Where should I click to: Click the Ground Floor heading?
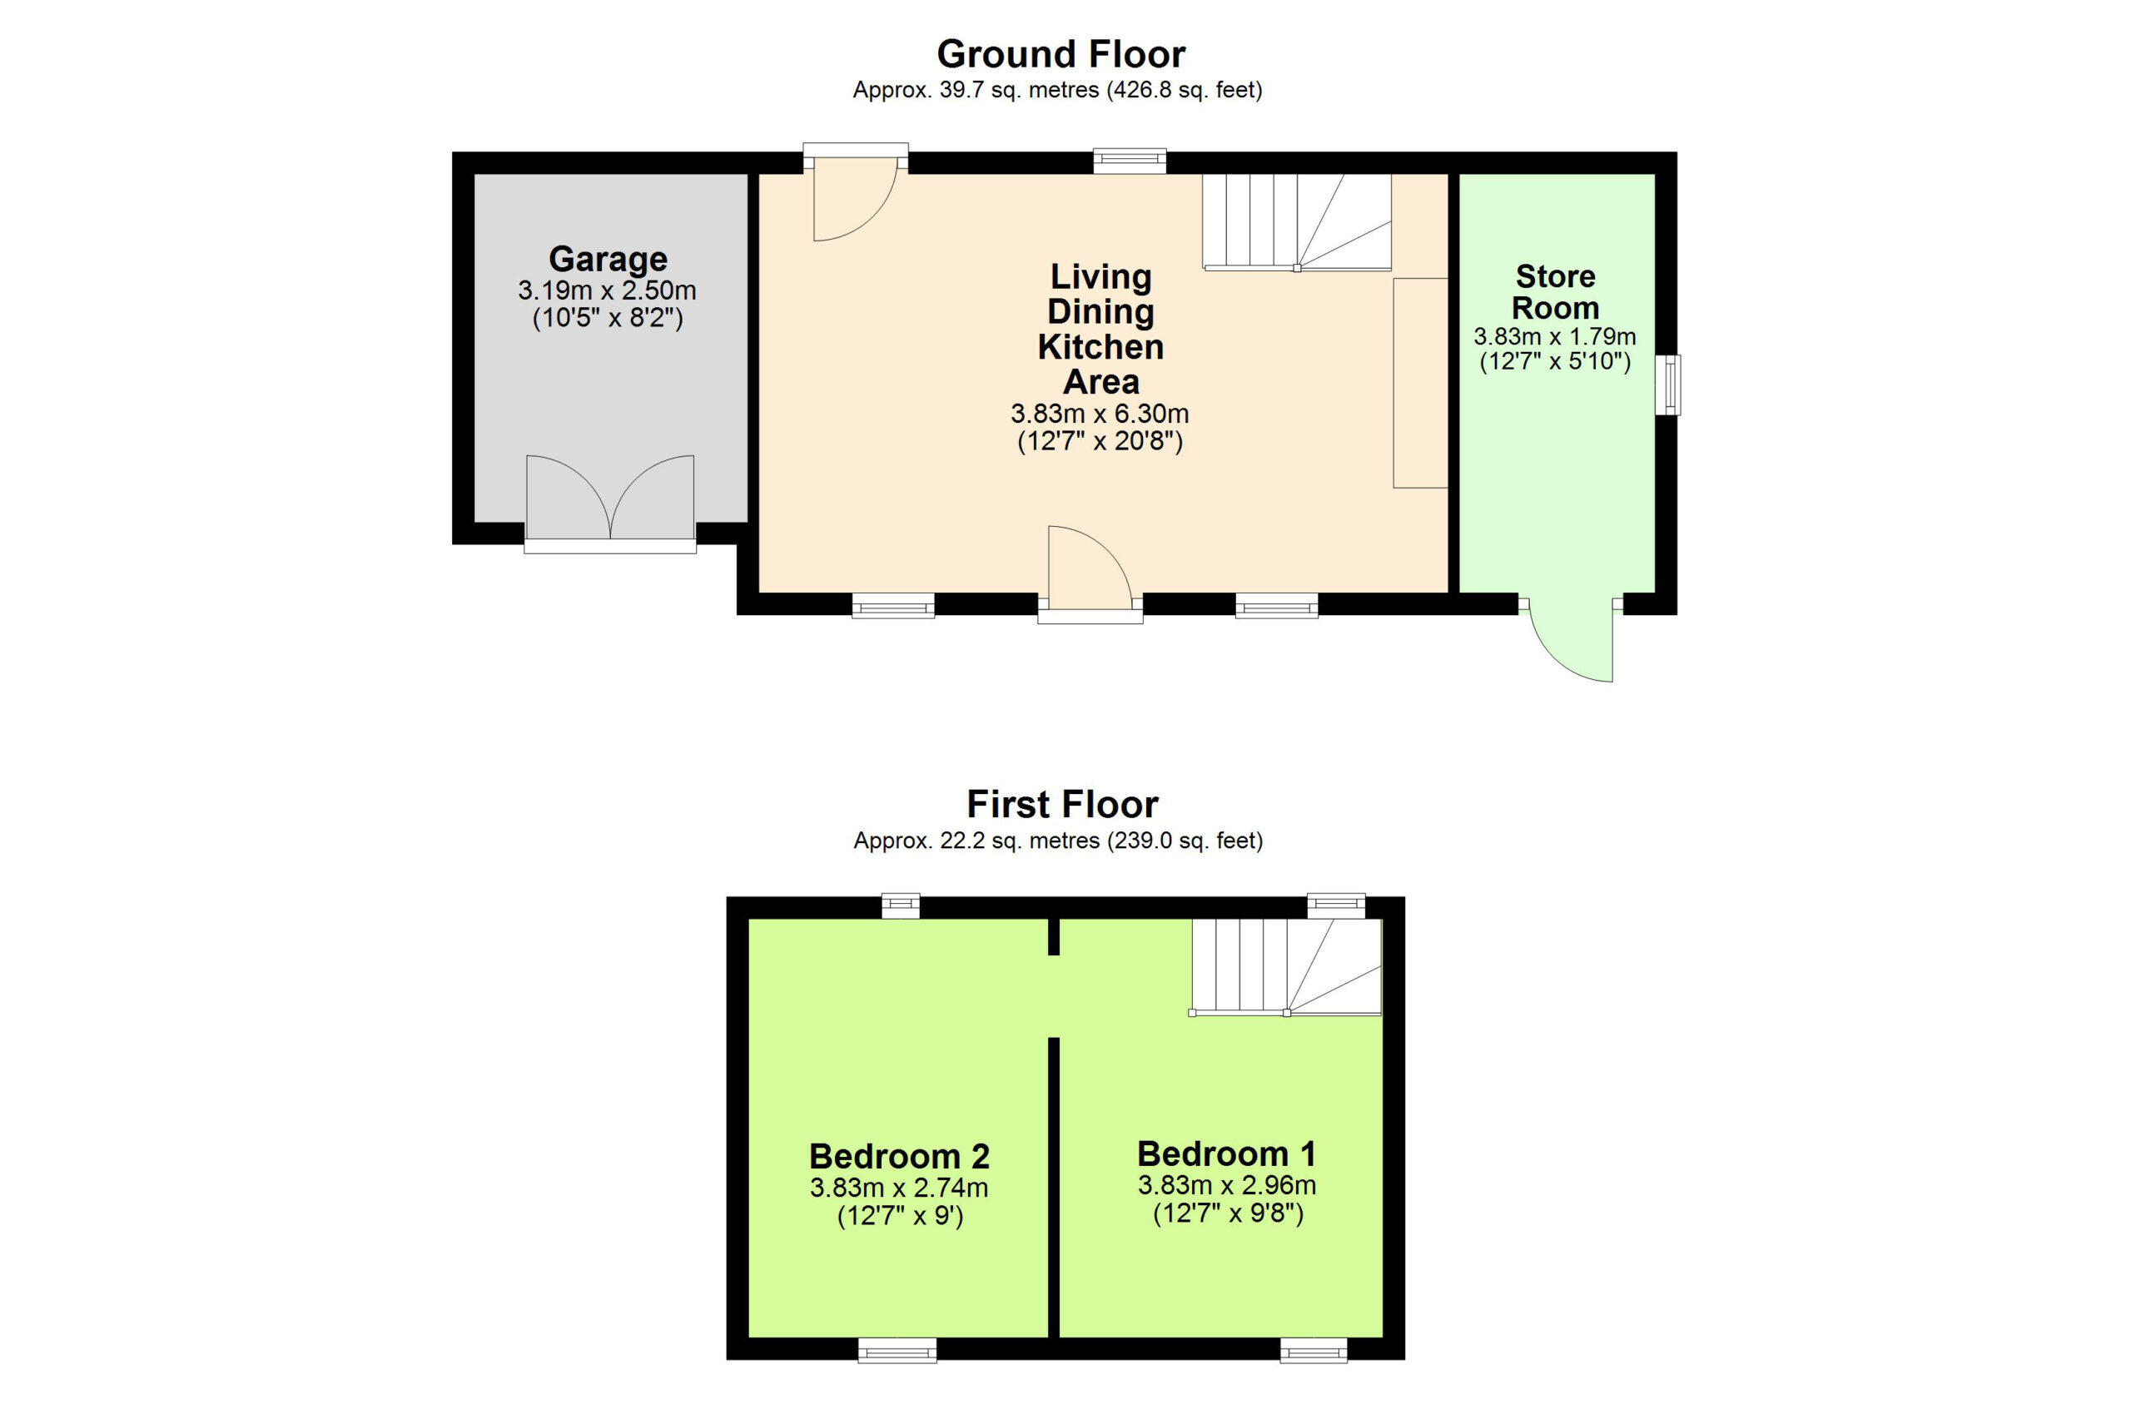click(1061, 54)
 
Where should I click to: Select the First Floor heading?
click(1062, 804)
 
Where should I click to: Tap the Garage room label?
click(608, 259)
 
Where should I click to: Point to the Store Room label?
click(1555, 291)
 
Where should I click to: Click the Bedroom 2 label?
click(900, 1156)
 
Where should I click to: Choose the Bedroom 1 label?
click(1226, 1154)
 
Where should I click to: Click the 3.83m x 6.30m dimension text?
click(1100, 414)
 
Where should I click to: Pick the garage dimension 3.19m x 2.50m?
click(607, 290)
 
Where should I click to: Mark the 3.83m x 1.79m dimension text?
click(1555, 337)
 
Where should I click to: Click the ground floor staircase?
click(1297, 222)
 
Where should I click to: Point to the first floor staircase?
click(1286, 967)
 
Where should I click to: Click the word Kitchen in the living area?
click(1100, 346)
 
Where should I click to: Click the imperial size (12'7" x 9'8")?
click(1228, 1213)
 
